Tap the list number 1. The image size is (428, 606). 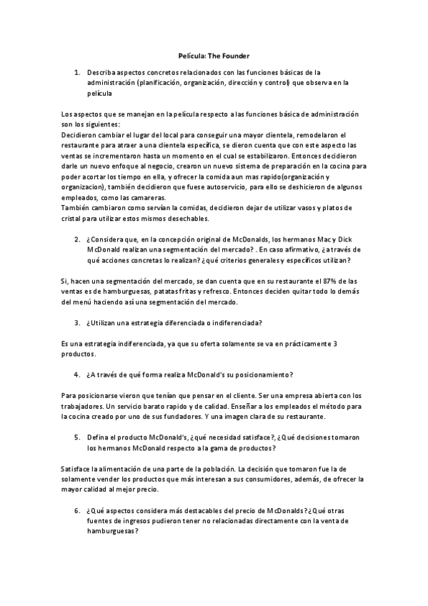click(76, 73)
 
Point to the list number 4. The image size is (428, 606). click(76, 374)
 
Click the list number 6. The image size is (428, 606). click(76, 511)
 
